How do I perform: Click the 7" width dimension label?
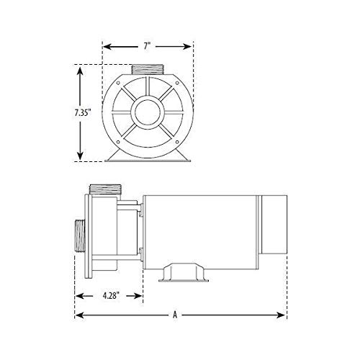(x=147, y=46)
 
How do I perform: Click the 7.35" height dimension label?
(x=83, y=112)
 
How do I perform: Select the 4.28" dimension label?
(x=111, y=296)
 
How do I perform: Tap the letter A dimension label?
(x=175, y=315)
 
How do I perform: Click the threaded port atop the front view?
(x=148, y=69)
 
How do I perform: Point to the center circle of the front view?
(x=148, y=112)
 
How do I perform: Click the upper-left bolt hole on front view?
(x=118, y=83)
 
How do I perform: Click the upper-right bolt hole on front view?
(x=177, y=83)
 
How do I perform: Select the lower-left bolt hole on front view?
(x=118, y=142)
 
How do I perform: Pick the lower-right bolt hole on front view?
(x=177, y=142)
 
